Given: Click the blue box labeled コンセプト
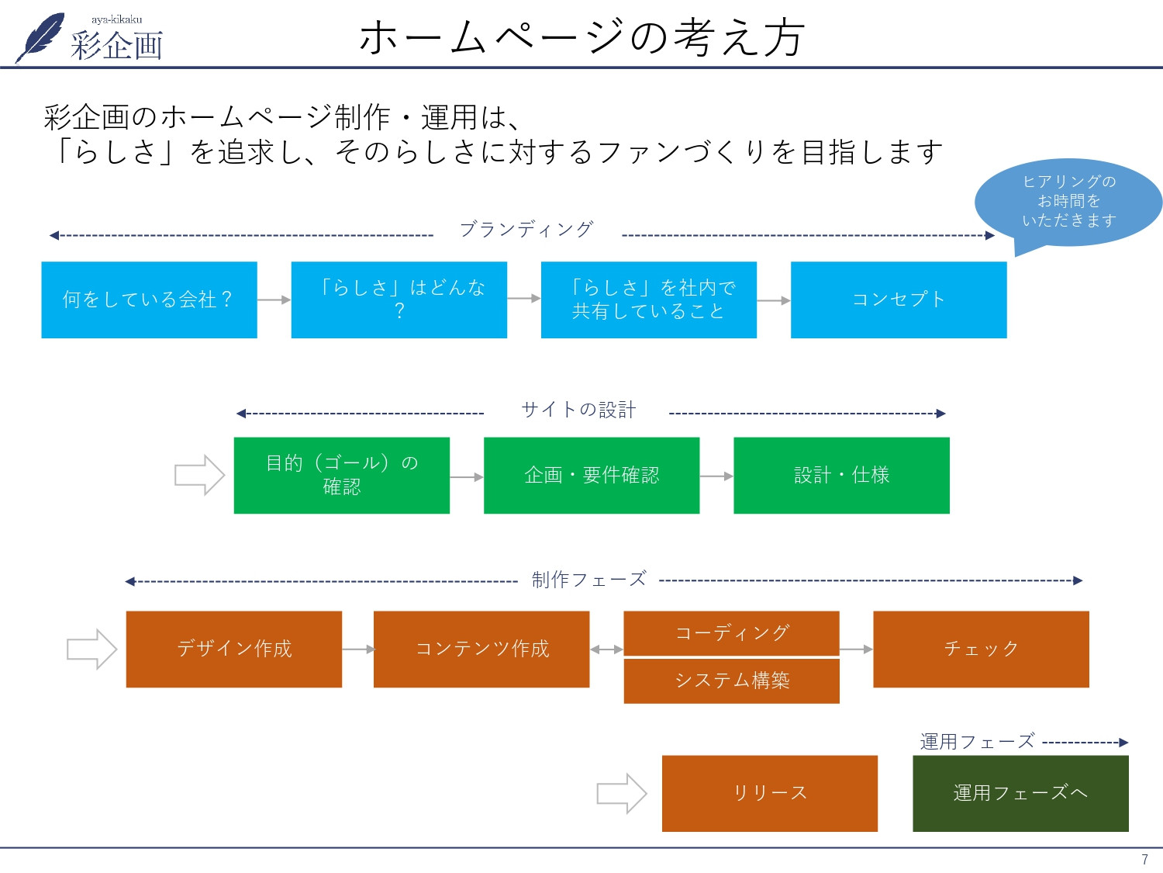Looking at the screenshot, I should [x=899, y=300].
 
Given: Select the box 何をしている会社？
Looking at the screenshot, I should [x=149, y=300].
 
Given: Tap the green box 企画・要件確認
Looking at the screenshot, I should [x=592, y=475].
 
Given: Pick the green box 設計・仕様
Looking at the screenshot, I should [x=841, y=475].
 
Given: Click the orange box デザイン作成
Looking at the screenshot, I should [x=233, y=649].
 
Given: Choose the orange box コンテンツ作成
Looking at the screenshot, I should [x=481, y=649].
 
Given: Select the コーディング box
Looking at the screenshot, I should [x=731, y=633].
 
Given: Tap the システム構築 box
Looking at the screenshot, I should [x=731, y=681].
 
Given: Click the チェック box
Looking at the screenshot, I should [x=981, y=649].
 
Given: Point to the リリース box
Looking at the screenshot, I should [x=769, y=793].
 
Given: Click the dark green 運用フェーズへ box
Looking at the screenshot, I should [x=1020, y=793].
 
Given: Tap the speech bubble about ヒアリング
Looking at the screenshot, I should [x=1068, y=202].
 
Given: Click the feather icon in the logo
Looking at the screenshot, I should [x=41, y=36].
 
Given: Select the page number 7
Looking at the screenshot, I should [x=1144, y=859].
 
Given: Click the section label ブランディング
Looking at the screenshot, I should [x=526, y=230].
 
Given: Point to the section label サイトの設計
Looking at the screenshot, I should [x=578, y=410].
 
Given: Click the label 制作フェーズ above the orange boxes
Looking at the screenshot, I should [x=588, y=580].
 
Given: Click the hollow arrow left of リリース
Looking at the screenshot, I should [x=621, y=793].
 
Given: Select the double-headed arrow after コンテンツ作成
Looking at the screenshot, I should [x=606, y=650].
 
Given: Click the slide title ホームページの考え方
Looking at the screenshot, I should [x=581, y=37].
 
